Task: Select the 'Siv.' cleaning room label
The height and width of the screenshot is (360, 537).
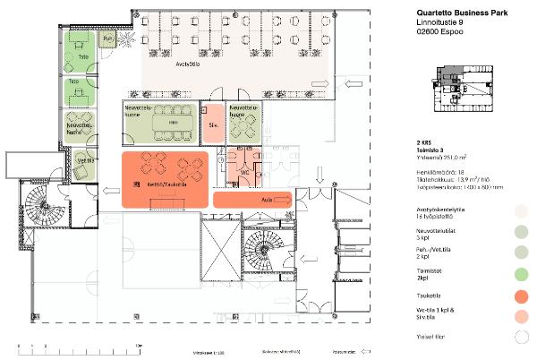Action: pos(213,126)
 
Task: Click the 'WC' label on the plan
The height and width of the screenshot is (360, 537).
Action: pos(244,169)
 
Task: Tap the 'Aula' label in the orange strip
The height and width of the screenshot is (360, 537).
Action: pos(266,199)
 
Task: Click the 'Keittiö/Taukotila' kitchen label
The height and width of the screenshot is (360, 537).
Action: pos(166,184)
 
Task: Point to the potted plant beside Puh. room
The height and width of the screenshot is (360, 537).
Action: pos(128,40)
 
